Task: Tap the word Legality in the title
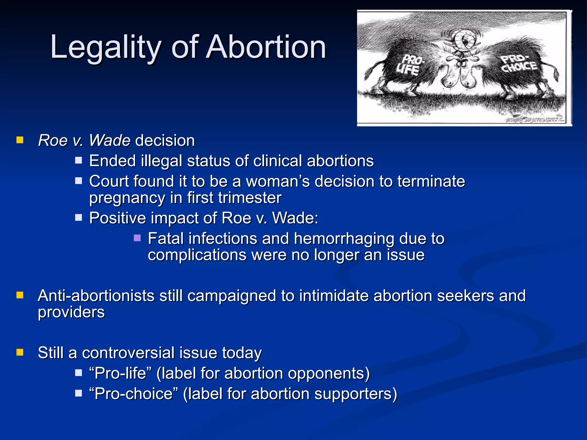click(105, 47)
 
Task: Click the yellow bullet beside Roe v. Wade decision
click(20, 140)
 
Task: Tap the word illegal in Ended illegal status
click(162, 161)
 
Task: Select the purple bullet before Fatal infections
click(137, 238)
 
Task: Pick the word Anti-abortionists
click(96, 296)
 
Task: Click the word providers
click(71, 312)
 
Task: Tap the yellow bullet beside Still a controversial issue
click(20, 352)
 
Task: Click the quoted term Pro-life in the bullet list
click(120, 373)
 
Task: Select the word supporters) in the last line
click(356, 394)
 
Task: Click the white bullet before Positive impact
click(79, 218)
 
